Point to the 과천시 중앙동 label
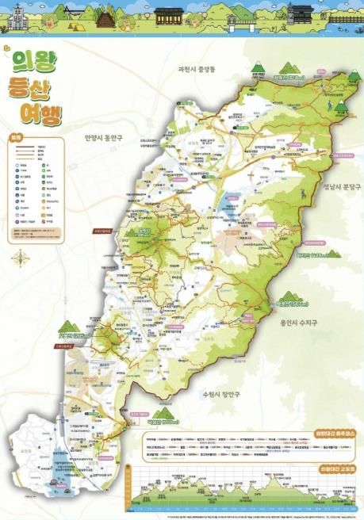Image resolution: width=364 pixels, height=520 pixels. pyautogui.click(x=207, y=70)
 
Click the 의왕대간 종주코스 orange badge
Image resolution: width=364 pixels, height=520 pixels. pyautogui.click(x=334, y=433)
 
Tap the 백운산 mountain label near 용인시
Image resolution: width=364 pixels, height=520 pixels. pyautogui.click(x=290, y=303)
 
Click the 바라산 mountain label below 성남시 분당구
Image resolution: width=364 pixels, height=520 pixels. pyautogui.click(x=312, y=255)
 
